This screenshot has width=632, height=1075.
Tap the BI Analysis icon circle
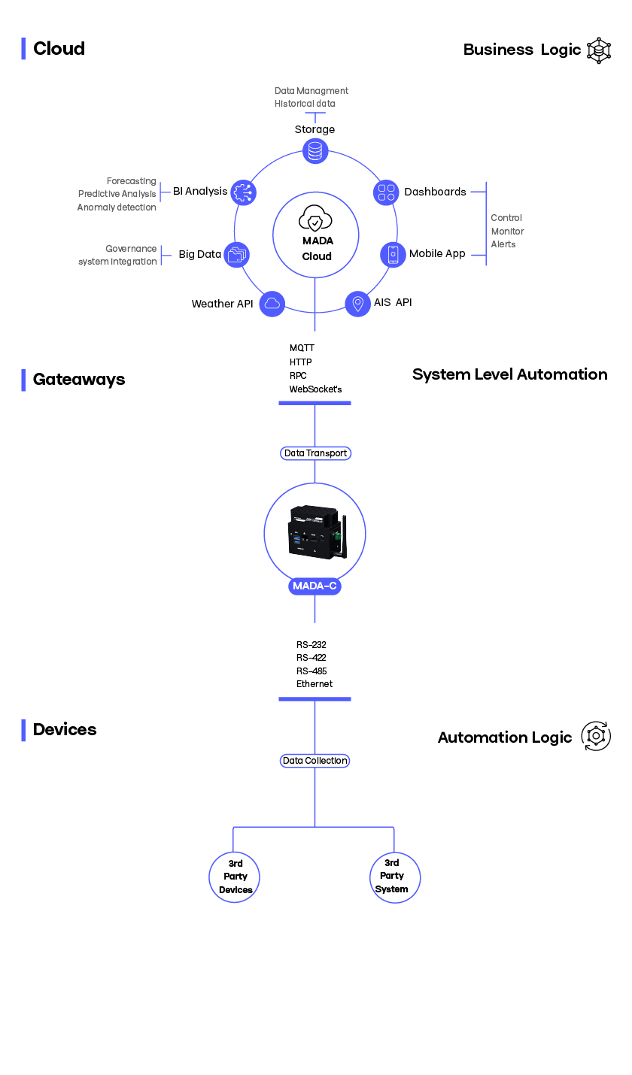[x=244, y=192]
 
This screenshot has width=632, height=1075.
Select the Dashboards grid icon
[x=387, y=192]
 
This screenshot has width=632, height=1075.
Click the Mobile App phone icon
[x=393, y=254]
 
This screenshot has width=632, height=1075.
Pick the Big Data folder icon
[x=237, y=255]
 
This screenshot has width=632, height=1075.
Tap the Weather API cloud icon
[x=272, y=304]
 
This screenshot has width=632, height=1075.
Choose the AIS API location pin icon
[x=357, y=304]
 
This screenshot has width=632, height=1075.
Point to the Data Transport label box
[x=315, y=453]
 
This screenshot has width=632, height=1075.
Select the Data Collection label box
[x=315, y=761]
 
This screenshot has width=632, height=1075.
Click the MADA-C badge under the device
[x=314, y=586]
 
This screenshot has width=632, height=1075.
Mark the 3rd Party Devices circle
[x=235, y=877]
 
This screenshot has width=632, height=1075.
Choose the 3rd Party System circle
[x=394, y=877]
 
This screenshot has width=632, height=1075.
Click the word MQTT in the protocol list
[x=302, y=348]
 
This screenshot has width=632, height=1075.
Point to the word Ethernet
[x=314, y=684]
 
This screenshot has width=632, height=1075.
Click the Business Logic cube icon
[x=599, y=50]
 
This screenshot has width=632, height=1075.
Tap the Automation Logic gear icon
[x=596, y=736]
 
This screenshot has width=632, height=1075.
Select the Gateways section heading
[x=79, y=380]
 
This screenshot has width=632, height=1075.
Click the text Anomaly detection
[x=117, y=207]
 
